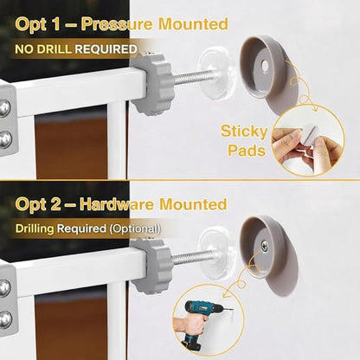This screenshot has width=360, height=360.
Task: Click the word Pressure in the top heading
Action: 116,24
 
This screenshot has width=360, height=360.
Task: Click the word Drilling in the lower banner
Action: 35,228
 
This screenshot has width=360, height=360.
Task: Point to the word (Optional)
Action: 135,228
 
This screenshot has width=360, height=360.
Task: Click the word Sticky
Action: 244,132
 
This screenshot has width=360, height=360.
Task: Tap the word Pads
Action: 247,150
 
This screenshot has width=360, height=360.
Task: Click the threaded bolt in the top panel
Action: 192,76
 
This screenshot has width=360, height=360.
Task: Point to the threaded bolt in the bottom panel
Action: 192,257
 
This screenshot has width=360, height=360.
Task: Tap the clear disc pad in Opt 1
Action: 217,74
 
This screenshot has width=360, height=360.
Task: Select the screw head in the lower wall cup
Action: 264,246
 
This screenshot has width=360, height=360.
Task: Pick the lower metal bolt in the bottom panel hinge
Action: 5,319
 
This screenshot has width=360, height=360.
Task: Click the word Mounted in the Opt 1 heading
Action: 193,24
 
